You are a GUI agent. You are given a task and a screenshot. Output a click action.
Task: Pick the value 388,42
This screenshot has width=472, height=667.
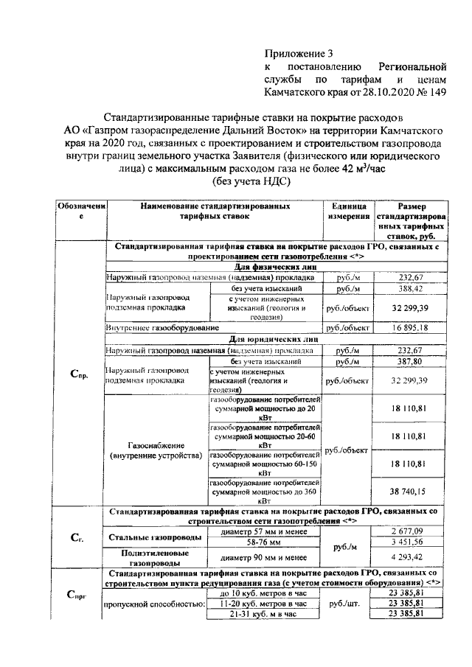tap(411, 289)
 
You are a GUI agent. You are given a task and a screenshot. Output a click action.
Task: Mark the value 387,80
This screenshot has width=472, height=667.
tap(411, 362)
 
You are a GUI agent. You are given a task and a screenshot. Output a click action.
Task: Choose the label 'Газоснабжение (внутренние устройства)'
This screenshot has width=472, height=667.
tap(155, 450)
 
